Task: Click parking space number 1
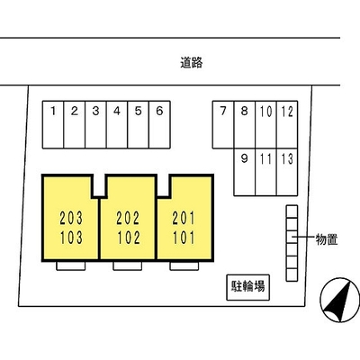tap(53, 124)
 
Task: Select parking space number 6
tap(159, 124)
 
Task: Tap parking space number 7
tap(223, 124)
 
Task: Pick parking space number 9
tap(245, 172)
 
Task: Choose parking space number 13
tap(287, 172)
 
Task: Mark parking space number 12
tap(287, 124)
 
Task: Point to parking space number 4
tap(117, 124)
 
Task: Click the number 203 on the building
tap(71, 218)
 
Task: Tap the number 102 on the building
tap(129, 238)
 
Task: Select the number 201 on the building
tap(184, 218)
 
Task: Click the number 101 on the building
tap(184, 238)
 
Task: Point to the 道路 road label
tap(192, 62)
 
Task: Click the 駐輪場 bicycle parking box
tap(248, 287)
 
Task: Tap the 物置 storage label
tap(327, 239)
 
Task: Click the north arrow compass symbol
tap(340, 300)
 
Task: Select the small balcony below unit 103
tap(71, 265)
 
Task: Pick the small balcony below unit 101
tap(184, 265)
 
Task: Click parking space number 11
tap(265, 172)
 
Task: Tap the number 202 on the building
tap(128, 218)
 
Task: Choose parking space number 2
tap(75, 124)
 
